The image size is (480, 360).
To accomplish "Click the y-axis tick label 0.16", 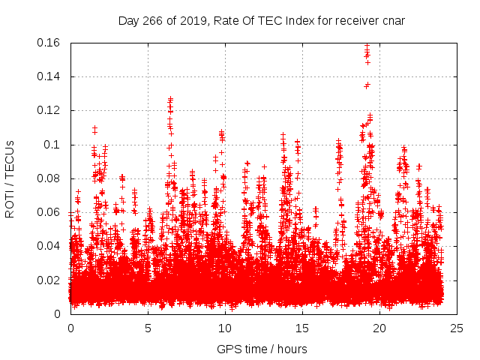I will point(49,43).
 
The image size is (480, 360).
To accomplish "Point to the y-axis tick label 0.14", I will point(49,76).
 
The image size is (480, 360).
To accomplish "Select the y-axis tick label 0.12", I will point(49,110).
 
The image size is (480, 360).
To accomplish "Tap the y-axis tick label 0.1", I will point(52,144).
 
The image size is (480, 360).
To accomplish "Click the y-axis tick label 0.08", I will point(49,178).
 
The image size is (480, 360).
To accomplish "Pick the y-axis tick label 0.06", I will point(49,212).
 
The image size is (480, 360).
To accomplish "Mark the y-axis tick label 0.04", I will point(49,246).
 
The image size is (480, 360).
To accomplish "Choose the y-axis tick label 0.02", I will point(49,280).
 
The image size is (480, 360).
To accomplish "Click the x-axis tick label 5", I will point(148,328).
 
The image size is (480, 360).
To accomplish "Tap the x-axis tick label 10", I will point(225,328).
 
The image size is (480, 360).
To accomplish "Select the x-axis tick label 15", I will point(302,328).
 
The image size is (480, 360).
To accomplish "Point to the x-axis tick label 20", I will point(379,328).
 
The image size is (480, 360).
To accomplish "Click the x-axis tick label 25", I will point(457,328).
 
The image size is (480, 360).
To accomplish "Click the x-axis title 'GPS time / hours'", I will point(262,349).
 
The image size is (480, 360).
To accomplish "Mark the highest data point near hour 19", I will point(367,46).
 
